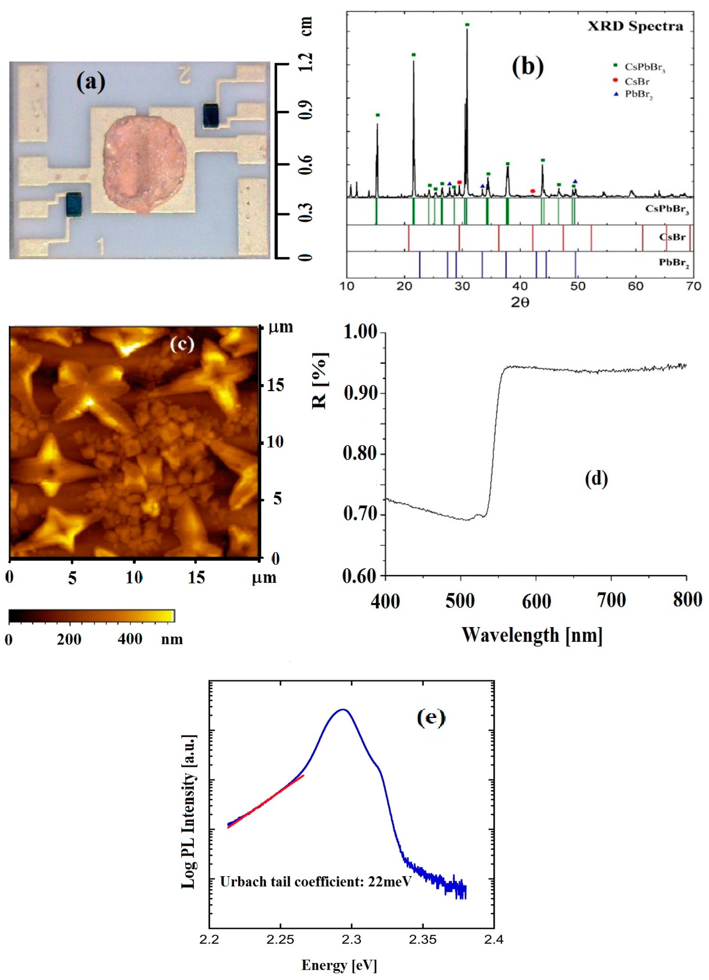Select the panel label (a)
91,82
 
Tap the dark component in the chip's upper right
211,115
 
